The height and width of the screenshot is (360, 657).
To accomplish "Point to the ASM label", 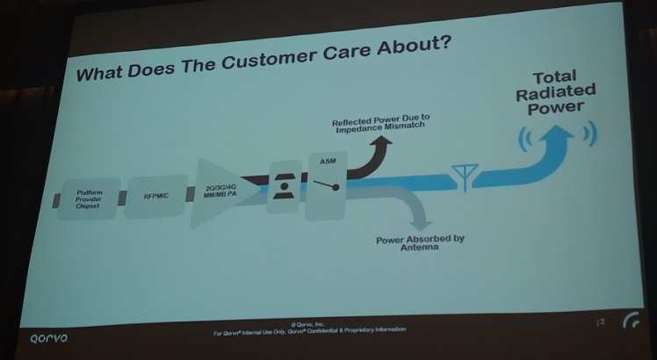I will [x=328, y=162].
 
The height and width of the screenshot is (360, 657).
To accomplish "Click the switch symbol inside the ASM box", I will [x=327, y=187].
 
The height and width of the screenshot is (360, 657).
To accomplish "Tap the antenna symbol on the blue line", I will [x=461, y=176].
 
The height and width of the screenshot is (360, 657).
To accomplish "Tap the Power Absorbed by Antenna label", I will [x=420, y=243].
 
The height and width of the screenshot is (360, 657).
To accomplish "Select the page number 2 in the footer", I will [x=602, y=322].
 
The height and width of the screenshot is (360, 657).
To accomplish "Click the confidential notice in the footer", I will [x=310, y=330].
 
